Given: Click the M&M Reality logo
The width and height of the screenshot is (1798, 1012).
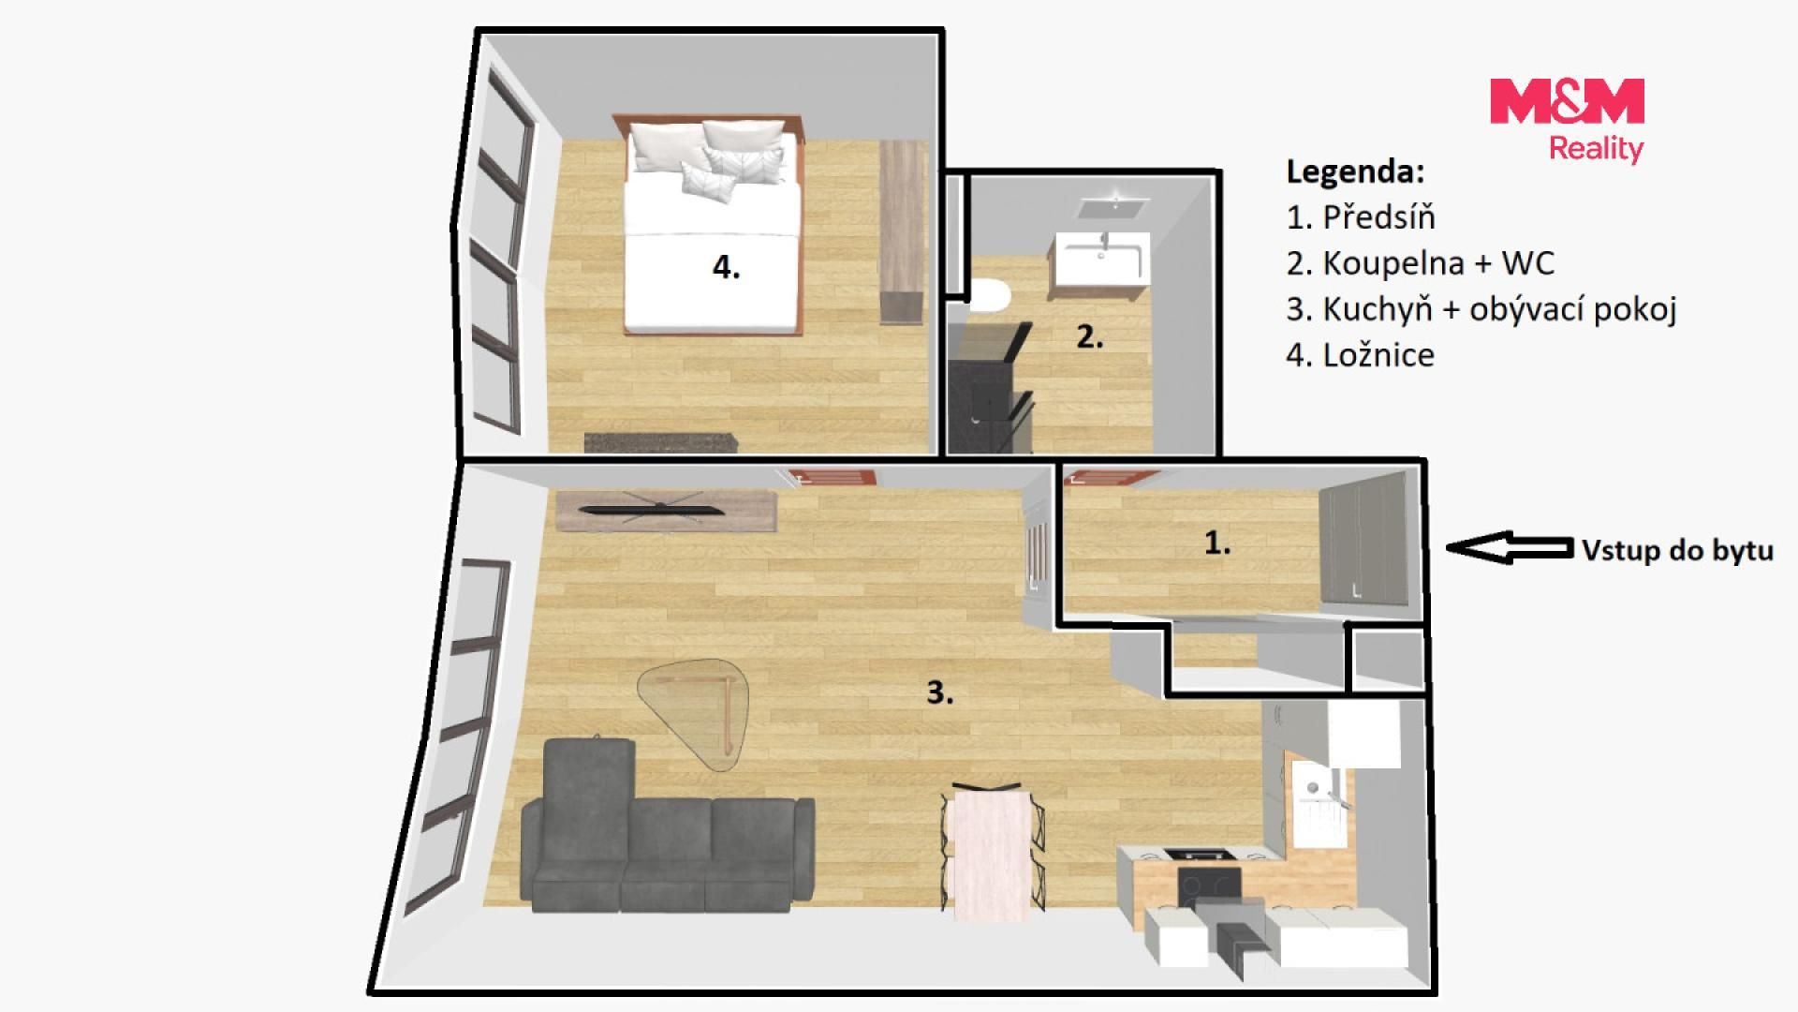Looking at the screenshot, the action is tap(1567, 120).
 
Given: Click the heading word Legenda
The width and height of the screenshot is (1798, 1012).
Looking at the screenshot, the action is tap(1355, 171).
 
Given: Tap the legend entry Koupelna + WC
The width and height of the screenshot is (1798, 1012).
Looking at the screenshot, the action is tap(1421, 263).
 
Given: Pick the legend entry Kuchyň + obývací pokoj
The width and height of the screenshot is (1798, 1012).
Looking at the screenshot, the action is tap(1481, 309).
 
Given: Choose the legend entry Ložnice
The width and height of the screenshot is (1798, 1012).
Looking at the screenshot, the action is tap(1361, 355).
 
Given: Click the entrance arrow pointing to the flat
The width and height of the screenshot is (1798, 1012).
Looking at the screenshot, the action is tap(1509, 547).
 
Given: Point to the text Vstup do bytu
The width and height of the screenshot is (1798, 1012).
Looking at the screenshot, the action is tap(1677, 550).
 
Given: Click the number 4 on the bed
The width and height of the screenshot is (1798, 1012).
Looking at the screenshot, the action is tap(726, 267).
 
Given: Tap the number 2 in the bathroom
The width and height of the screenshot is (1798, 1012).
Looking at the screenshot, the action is tap(1089, 336).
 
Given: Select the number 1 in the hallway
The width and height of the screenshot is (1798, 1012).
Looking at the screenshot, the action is tap(1216, 543).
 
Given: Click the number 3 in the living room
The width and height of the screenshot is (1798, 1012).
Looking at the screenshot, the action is tap(939, 692).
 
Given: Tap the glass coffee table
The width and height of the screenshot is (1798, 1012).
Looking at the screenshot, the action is tap(693, 712).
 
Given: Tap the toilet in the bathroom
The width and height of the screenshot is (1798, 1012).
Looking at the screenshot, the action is tap(989, 296).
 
